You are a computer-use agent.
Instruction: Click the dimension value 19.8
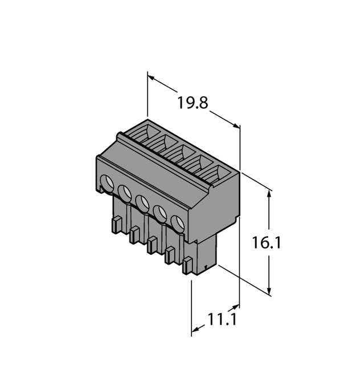coord(192,104)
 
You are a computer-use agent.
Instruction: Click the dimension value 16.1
coord(267,243)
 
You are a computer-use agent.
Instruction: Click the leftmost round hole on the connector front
coord(106,183)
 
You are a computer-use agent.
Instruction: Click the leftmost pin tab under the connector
coord(116,225)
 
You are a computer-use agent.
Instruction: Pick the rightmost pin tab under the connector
coord(188,265)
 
